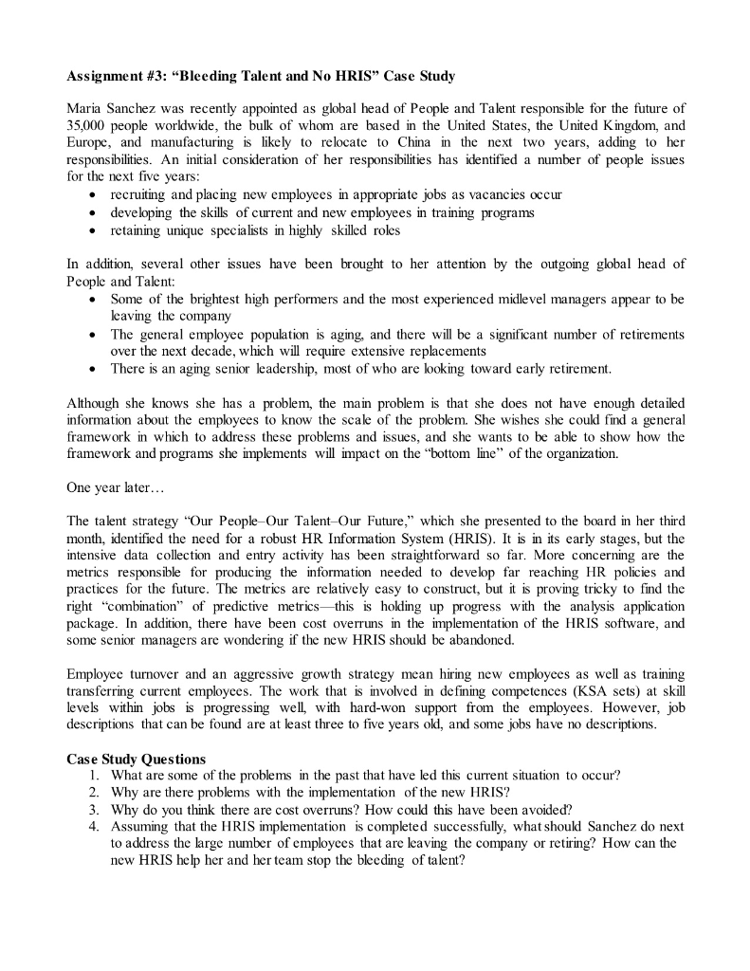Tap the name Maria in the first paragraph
click(x=87, y=108)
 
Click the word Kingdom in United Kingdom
click(x=615, y=125)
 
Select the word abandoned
click(x=483, y=642)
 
